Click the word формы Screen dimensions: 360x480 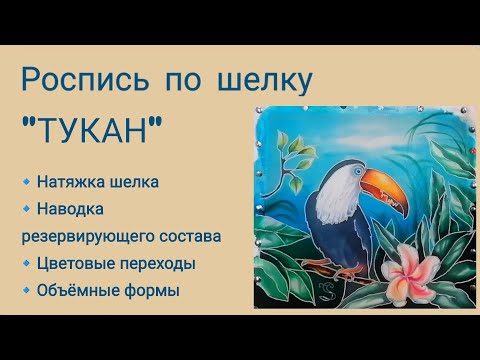click(153, 291)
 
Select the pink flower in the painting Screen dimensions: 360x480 click(410, 264)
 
